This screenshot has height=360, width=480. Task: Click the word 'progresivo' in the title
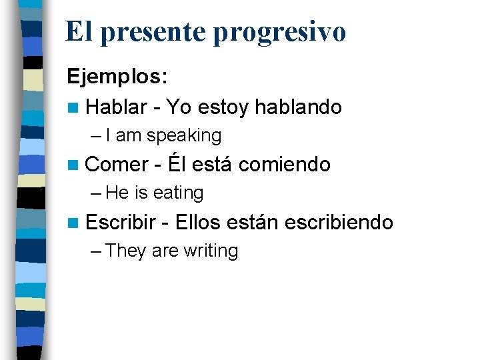pos(279,33)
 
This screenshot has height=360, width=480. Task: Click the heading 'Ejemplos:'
pos(117,77)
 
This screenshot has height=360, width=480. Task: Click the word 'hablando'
pos(298,107)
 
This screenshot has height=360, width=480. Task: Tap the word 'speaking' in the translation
pos(184,136)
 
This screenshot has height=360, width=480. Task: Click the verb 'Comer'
pos(117,164)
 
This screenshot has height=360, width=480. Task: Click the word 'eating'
pos(178,193)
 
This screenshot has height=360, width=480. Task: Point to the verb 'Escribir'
pos(121,222)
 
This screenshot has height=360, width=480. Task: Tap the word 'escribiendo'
pos(338,222)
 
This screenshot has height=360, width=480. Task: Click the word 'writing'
pos(211,251)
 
